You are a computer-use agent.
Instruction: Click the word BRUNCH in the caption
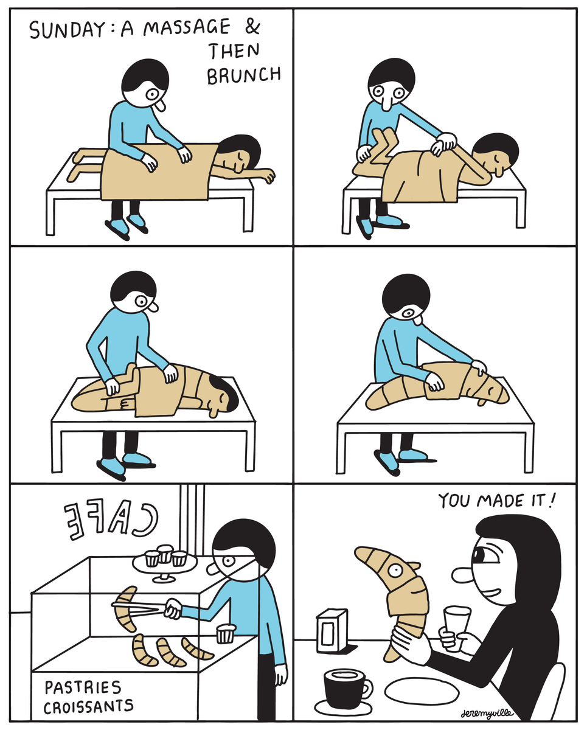point(244,75)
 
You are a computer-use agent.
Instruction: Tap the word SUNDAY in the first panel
point(67,30)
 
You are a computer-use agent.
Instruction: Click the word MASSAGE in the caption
point(187,27)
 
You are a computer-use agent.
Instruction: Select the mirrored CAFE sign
point(111,519)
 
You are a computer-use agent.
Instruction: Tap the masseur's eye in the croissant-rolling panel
point(408,313)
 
